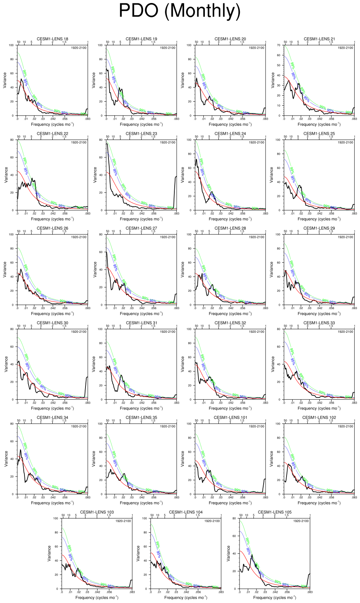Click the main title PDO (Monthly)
point(180,11)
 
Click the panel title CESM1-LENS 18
point(52,39)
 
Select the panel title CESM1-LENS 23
point(141,134)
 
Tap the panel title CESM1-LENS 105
point(275,512)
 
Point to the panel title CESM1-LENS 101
point(230,417)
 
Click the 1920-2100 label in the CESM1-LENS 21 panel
point(345,48)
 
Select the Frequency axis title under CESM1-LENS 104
point(186,597)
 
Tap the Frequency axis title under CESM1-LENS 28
point(230,314)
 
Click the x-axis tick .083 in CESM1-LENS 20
point(265,119)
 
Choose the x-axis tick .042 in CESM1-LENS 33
point(320,403)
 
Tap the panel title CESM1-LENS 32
point(230,323)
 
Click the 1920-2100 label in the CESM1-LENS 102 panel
point(345,426)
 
